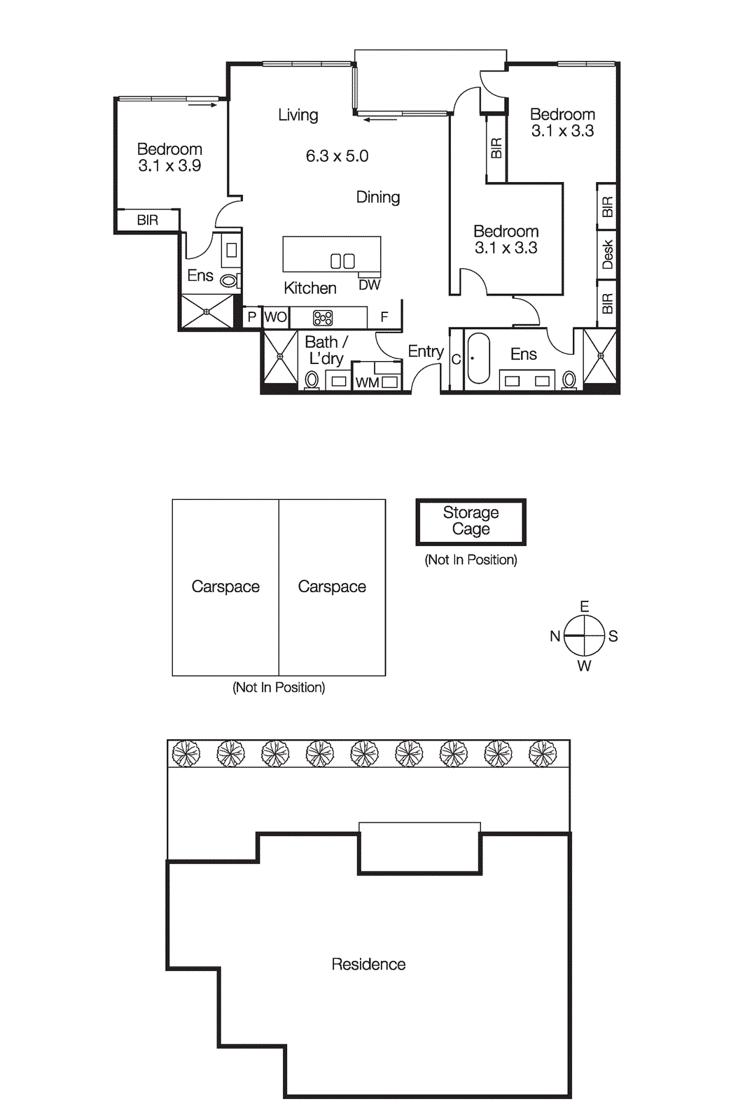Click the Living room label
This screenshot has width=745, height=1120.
tap(298, 115)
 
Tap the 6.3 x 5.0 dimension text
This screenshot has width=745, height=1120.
tap(337, 156)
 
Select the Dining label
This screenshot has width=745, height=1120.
tap(378, 197)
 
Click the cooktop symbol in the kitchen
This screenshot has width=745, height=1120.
tap(323, 318)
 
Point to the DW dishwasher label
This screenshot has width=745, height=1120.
tap(369, 285)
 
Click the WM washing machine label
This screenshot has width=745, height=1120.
tap(367, 383)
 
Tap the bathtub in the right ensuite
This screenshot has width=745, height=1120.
tap(479, 358)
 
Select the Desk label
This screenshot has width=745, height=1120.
tap(608, 254)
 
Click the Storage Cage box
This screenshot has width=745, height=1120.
tap(471, 521)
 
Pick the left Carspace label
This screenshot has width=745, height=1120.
tap(225, 587)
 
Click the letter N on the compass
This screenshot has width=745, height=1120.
tap(555, 636)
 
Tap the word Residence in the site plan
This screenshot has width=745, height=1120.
tap(368, 965)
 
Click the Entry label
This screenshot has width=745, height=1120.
tap(426, 351)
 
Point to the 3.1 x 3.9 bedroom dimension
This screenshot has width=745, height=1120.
tap(169, 166)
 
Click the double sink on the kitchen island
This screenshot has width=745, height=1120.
tap(342, 261)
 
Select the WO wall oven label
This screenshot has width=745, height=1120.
tap(276, 317)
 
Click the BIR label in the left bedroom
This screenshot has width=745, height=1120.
tap(147, 220)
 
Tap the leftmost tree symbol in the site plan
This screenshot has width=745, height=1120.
tap(186, 754)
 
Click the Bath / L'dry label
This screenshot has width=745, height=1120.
tap(326, 350)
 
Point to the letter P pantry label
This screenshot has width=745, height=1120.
tap(252, 317)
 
